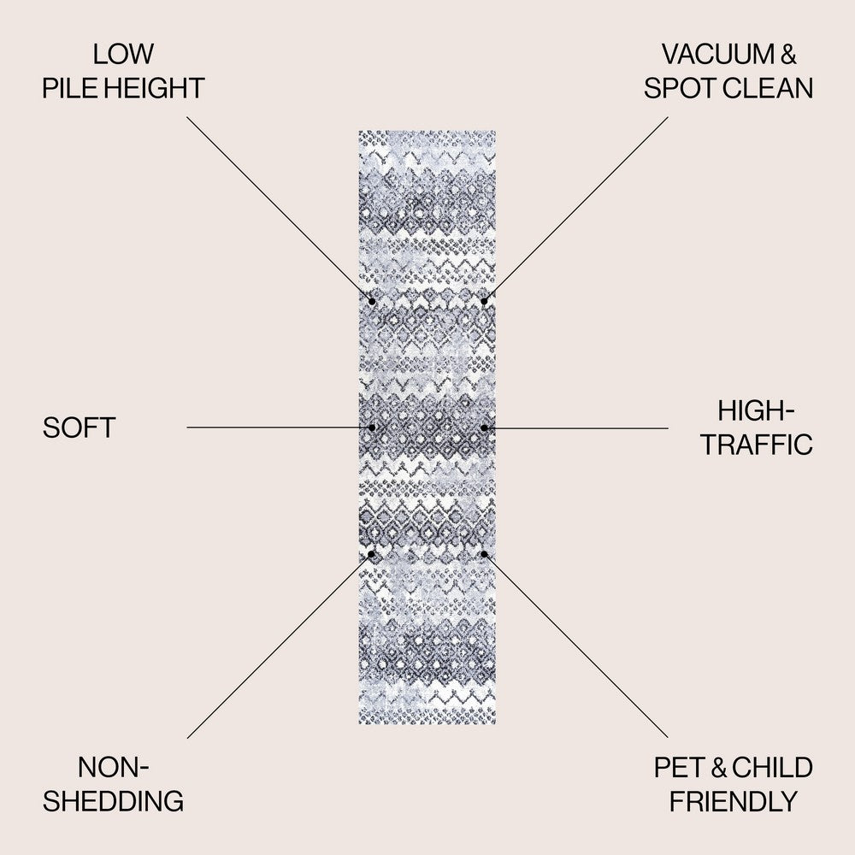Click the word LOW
(x=123, y=54)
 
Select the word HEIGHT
(x=154, y=88)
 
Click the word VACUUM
(x=718, y=54)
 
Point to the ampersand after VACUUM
(x=788, y=54)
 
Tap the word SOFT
(x=79, y=427)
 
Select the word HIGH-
(x=756, y=410)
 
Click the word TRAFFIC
(x=757, y=445)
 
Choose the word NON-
(x=114, y=767)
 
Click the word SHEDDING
(x=114, y=801)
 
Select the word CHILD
(x=772, y=767)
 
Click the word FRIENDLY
(x=734, y=801)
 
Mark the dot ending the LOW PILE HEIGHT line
(x=372, y=301)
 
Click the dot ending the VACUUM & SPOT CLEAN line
(x=484, y=301)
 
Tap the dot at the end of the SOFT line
(x=372, y=427)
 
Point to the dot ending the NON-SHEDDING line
(x=371, y=554)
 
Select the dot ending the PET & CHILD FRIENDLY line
(x=484, y=554)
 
